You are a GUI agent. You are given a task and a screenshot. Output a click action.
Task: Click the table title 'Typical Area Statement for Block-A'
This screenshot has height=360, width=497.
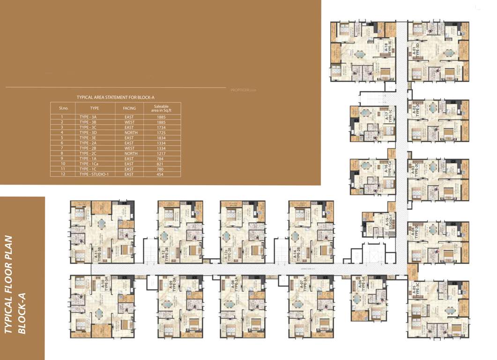[115, 97]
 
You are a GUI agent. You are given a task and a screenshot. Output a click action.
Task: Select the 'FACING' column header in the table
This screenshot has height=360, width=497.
[129, 108]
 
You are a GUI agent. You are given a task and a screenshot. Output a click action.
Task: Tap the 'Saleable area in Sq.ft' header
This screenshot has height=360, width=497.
[161, 108]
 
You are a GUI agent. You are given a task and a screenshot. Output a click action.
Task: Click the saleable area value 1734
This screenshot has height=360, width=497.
[161, 127]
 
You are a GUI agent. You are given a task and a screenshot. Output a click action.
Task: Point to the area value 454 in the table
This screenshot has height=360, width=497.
[161, 174]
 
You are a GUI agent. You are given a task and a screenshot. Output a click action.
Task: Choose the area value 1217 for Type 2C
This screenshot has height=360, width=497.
[161, 153]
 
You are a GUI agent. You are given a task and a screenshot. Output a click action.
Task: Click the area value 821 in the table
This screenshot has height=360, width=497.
[161, 164]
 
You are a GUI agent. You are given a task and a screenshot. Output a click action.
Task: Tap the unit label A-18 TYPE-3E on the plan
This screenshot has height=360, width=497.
[387, 48]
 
